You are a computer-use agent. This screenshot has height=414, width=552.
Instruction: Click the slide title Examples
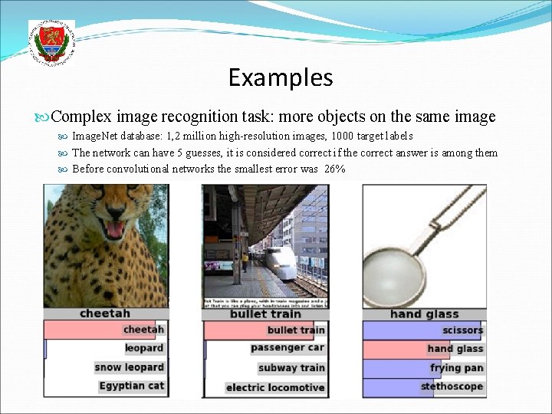tap(281, 77)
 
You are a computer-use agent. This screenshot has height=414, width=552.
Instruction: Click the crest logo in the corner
tap(51, 41)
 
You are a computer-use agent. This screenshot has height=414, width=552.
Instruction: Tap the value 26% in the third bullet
tap(334, 169)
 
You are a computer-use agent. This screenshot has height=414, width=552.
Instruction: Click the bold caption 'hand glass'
tap(424, 314)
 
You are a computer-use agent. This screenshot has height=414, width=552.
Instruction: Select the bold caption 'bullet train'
tap(265, 314)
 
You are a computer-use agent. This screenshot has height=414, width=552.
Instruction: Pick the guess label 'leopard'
tap(144, 348)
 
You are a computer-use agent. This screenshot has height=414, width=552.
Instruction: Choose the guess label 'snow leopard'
tap(130, 367)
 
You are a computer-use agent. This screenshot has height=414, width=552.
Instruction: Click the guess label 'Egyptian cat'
tap(132, 386)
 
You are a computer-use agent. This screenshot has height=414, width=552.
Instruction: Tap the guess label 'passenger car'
tap(287, 348)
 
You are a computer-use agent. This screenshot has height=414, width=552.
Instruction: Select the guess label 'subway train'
tap(291, 368)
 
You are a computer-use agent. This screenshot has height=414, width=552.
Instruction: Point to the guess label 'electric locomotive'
tap(275, 387)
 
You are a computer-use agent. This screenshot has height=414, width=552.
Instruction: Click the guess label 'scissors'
tap(462, 330)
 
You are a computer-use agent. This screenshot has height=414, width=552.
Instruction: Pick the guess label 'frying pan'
tap(457, 368)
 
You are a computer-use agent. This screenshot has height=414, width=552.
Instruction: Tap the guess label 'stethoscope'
tap(452, 386)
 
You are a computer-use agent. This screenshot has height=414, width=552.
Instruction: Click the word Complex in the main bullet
tap(81, 117)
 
